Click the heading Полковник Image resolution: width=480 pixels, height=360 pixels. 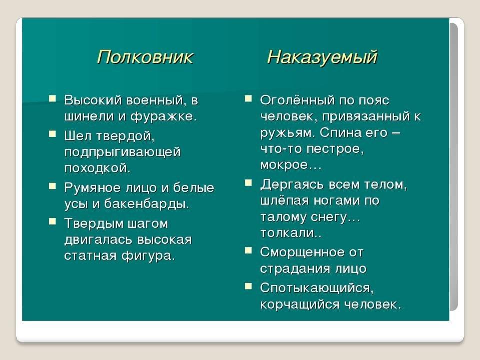(145, 57)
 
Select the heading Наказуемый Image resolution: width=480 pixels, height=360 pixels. (322, 57)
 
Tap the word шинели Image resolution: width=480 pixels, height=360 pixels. (89, 116)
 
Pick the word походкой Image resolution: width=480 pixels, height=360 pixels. (97, 168)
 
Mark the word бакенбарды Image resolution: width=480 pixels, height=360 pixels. (147, 204)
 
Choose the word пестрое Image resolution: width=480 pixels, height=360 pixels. (335, 149)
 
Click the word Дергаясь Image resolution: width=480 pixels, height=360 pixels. (291, 185)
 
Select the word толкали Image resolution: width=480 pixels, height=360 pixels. (291, 233)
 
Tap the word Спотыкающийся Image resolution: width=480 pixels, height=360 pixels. (317, 288)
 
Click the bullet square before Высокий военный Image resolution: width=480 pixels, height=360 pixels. (52, 98)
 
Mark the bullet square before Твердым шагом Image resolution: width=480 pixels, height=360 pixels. (52, 221)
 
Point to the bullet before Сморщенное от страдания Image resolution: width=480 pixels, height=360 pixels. (248, 251)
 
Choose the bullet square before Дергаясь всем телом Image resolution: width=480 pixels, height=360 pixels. (248, 183)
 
